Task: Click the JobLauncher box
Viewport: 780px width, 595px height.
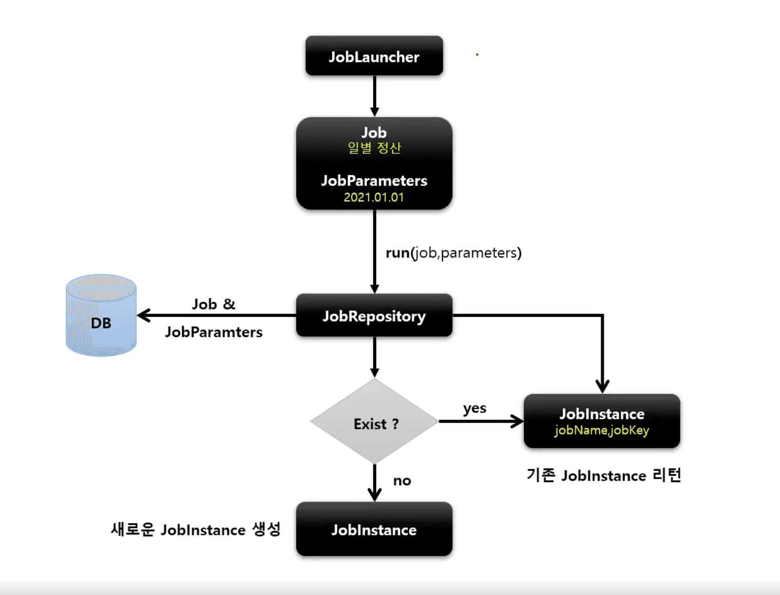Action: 374,56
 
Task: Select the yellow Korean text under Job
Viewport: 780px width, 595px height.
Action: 374,148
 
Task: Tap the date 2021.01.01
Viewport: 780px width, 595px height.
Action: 374,197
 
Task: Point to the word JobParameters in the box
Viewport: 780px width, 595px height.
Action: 374,181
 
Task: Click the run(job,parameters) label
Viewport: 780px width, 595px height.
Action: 453,253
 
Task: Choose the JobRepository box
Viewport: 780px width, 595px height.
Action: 374,316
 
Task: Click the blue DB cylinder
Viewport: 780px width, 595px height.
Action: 101,315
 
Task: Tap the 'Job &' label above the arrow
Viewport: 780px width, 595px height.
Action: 213,304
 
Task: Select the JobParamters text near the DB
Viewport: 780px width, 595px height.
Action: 213,332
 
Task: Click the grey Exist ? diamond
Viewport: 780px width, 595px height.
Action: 375,422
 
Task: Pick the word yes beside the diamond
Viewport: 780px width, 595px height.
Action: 475,408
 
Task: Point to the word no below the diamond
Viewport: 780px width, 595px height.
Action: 402,481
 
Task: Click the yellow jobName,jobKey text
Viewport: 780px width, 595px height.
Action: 601,430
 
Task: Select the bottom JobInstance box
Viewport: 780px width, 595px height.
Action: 374,529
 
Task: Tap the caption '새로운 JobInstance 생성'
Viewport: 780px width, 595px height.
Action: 196,529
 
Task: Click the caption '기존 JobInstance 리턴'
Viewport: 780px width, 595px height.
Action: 603,475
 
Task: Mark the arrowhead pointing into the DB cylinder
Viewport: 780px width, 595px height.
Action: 144,315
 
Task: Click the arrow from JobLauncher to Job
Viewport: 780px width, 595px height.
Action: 375,96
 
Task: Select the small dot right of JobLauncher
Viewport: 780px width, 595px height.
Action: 477,54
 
